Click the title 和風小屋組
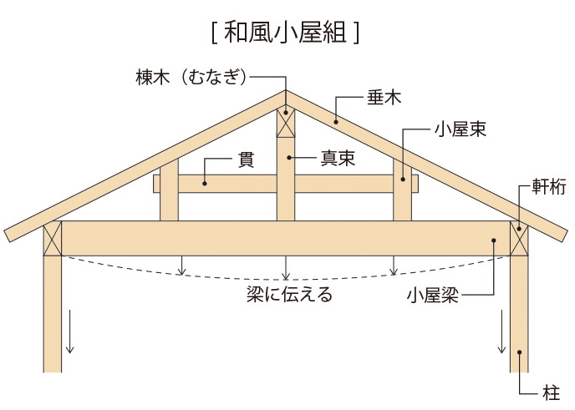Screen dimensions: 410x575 pyautogui.click(x=287, y=33)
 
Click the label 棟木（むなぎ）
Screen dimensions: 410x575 pyautogui.click(x=191, y=77)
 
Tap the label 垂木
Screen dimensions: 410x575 pyautogui.click(x=384, y=98)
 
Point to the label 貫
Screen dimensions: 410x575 pyautogui.click(x=246, y=159)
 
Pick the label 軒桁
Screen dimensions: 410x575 pyautogui.click(x=548, y=186)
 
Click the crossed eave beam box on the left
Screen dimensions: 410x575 pyautogui.click(x=53, y=239)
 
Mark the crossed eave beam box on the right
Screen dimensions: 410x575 pyautogui.click(x=519, y=239)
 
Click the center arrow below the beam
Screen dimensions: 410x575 pyautogui.click(x=286, y=267)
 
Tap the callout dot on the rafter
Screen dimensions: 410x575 pyautogui.click(x=336, y=122)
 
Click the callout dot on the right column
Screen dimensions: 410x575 pyautogui.click(x=519, y=352)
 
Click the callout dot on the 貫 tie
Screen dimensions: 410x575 pyautogui.click(x=203, y=182)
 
